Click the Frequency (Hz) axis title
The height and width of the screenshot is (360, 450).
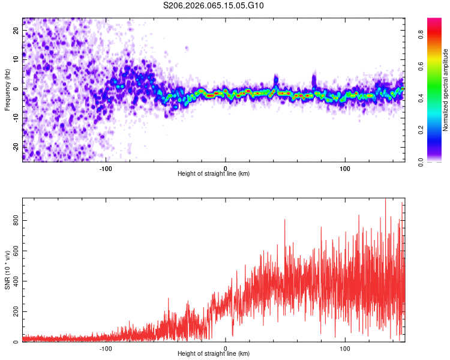pos(7,89)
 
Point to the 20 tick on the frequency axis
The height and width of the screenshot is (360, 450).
pos(16,32)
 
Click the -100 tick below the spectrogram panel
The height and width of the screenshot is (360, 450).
pos(106,168)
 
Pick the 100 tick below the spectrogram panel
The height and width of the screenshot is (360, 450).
pos(345,168)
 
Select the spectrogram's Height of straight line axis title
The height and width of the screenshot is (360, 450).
pos(214,174)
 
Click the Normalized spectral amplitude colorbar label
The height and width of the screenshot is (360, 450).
pos(446,89)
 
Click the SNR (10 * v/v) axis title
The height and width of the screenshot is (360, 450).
pos(7,269)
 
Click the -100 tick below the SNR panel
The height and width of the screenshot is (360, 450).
pos(106,348)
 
